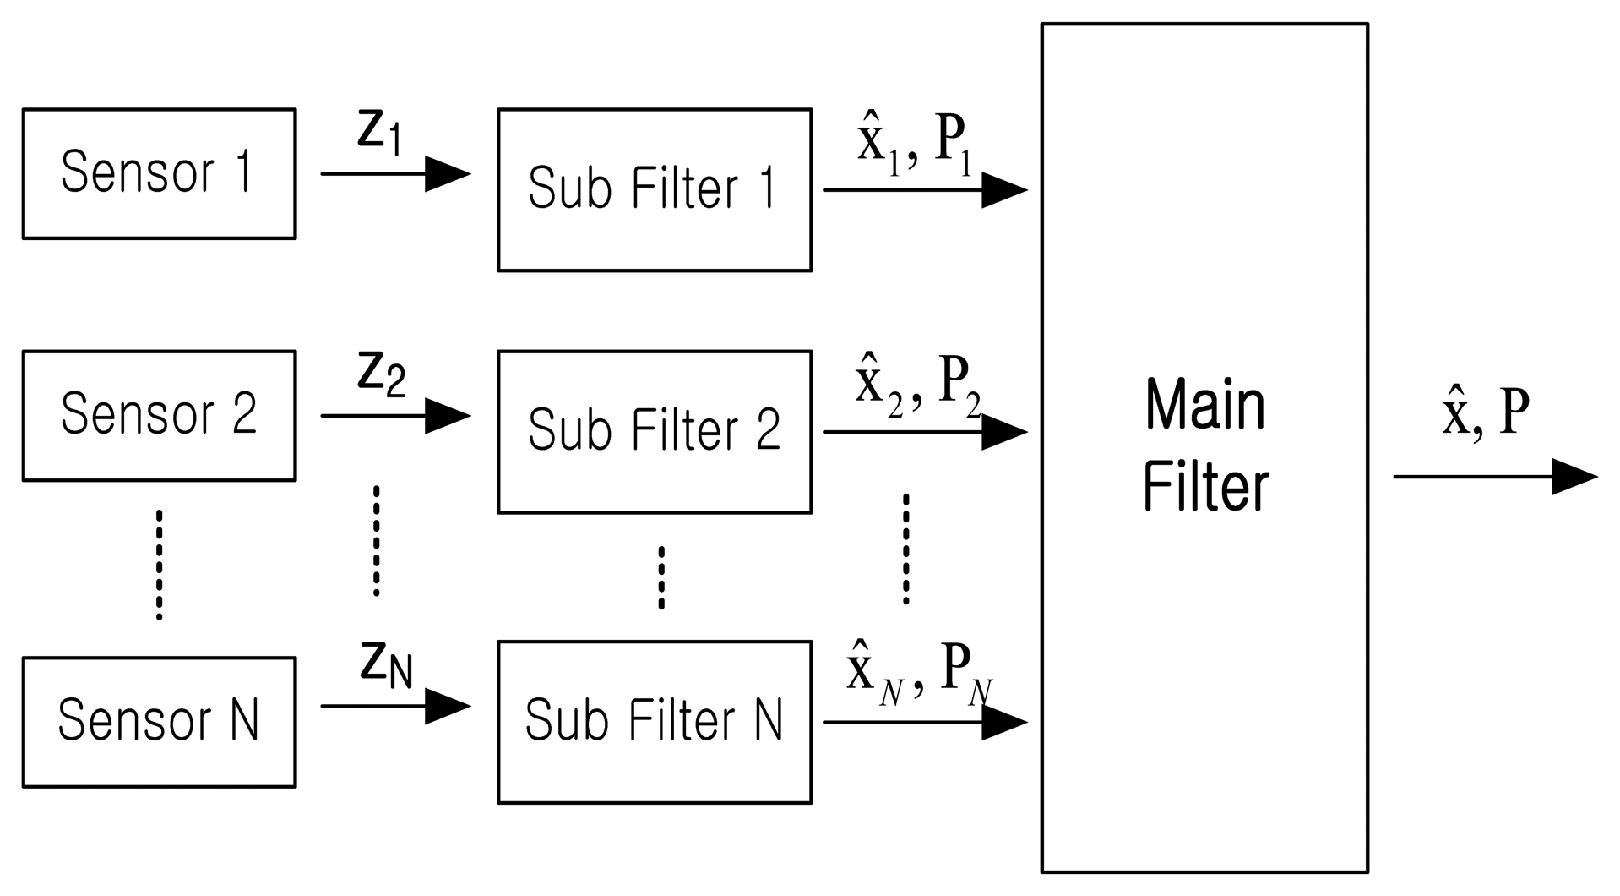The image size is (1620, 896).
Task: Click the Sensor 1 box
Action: pyautogui.click(x=159, y=173)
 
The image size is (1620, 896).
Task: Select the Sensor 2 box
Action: pyautogui.click(x=159, y=415)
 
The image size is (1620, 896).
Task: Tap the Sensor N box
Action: pyautogui.click(x=159, y=722)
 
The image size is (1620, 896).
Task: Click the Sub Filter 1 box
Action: pyautogui.click(x=654, y=189)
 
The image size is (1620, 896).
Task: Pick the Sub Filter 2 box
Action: pyautogui.click(x=654, y=431)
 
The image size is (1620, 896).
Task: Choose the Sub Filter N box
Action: pyautogui.click(x=654, y=722)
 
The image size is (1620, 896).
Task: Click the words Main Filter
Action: pyautogui.click(x=1204, y=445)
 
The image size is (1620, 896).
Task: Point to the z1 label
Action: pyautogui.click(x=378, y=133)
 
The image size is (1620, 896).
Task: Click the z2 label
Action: pyautogui.click(x=381, y=374)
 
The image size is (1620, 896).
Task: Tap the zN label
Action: pyautogui.click(x=386, y=664)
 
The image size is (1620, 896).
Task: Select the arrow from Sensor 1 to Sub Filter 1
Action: pyautogui.click(x=394, y=174)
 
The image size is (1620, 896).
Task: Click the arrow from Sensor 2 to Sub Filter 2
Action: pyautogui.click(x=394, y=416)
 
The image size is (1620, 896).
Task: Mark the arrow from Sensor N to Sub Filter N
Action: pyautogui.click(x=394, y=706)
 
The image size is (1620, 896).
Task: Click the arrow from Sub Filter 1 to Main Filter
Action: pyautogui.click(x=924, y=190)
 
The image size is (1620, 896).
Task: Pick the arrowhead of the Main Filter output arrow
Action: pyautogui.click(x=1574, y=477)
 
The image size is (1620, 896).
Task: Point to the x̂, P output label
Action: pyautogui.click(x=1486, y=412)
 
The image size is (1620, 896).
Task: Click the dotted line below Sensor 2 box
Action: pyautogui.click(x=159, y=565)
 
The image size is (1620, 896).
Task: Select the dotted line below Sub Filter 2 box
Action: pyautogui.click(x=661, y=577)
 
